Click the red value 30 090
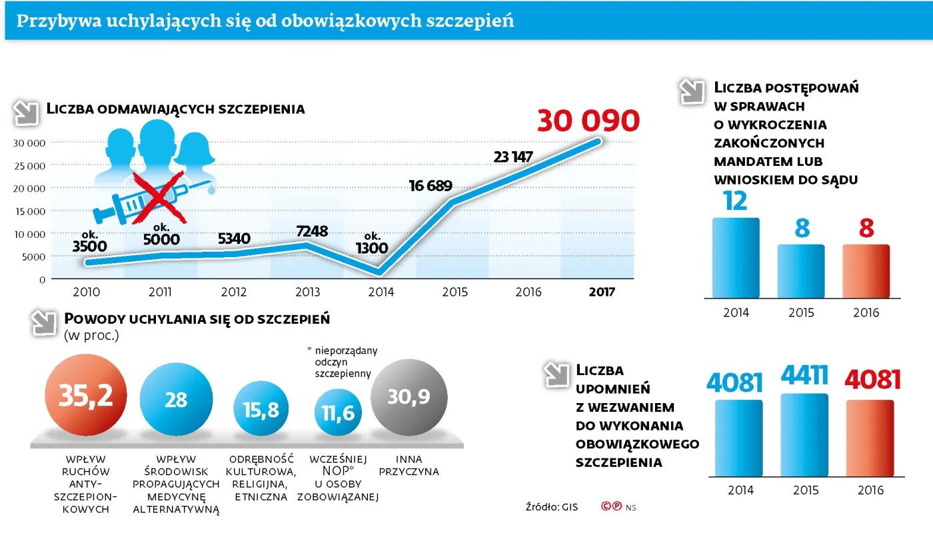point(588,121)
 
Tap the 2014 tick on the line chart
point(381,292)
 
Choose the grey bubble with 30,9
point(409,397)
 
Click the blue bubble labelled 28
point(176,400)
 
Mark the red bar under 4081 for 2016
point(870,440)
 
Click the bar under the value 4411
point(804,436)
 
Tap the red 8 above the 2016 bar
point(866,229)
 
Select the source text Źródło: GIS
point(551,507)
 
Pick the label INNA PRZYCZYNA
point(409,465)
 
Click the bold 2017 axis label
point(602,292)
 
